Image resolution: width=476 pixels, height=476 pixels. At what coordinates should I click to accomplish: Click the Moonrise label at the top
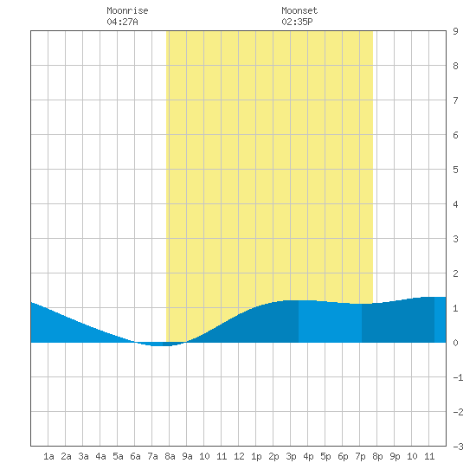point(127,10)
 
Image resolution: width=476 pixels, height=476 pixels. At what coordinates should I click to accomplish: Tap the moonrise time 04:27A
point(122,22)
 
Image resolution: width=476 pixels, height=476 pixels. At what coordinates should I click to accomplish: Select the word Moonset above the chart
point(299,10)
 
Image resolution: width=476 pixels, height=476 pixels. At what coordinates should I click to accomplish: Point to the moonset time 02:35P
point(297,22)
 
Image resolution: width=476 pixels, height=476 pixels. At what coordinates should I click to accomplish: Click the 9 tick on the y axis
point(455,31)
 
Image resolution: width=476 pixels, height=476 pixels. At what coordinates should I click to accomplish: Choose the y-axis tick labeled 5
point(455,170)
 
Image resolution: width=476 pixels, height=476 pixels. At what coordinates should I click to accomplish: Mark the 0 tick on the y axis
point(455,343)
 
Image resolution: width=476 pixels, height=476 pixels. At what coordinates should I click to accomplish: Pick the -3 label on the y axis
point(458,447)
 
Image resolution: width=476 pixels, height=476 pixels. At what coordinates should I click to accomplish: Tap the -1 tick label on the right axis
point(458,377)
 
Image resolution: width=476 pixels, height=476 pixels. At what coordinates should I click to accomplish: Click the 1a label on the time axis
point(48,456)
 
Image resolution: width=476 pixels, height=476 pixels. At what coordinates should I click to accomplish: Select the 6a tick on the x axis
point(135,456)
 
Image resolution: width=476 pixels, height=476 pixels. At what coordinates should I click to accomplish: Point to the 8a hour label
point(170,456)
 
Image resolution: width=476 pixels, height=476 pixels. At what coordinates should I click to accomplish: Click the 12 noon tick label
point(239,456)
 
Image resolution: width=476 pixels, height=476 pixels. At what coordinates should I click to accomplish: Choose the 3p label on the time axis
point(291,456)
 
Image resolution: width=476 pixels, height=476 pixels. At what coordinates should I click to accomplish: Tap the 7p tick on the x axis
point(360,456)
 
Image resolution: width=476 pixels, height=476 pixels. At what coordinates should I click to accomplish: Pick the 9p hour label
point(395,456)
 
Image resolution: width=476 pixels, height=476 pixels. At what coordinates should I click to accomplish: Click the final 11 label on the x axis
point(429,456)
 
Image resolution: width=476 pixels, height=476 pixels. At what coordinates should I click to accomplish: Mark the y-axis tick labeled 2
point(455,273)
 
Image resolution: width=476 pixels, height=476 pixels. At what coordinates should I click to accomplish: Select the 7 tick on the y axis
point(455,100)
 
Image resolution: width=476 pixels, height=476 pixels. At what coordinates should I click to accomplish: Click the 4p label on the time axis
point(308,456)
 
